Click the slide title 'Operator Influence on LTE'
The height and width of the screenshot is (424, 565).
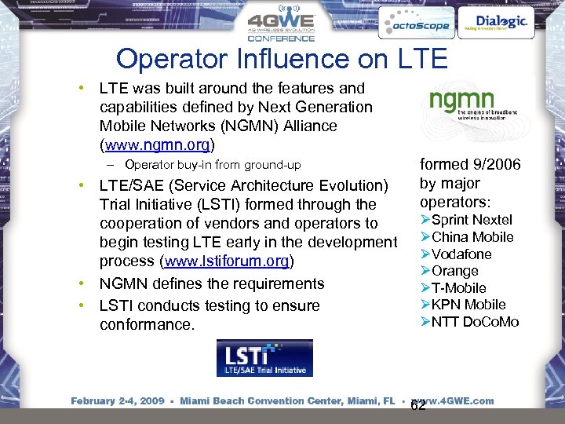click(x=281, y=58)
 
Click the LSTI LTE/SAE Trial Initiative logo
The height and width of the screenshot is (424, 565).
click(x=264, y=358)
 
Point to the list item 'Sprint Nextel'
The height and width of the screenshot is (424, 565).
click(x=471, y=220)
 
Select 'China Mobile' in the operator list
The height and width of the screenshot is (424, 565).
click(x=472, y=237)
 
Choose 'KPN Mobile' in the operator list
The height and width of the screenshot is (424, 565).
click(x=468, y=305)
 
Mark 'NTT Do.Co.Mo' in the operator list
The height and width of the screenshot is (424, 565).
click(x=474, y=322)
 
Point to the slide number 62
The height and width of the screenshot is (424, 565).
click(x=418, y=406)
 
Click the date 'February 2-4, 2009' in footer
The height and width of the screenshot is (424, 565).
click(x=118, y=401)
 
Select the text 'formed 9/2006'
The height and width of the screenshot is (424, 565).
click(x=470, y=165)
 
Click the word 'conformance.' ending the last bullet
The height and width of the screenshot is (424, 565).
click(x=147, y=324)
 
